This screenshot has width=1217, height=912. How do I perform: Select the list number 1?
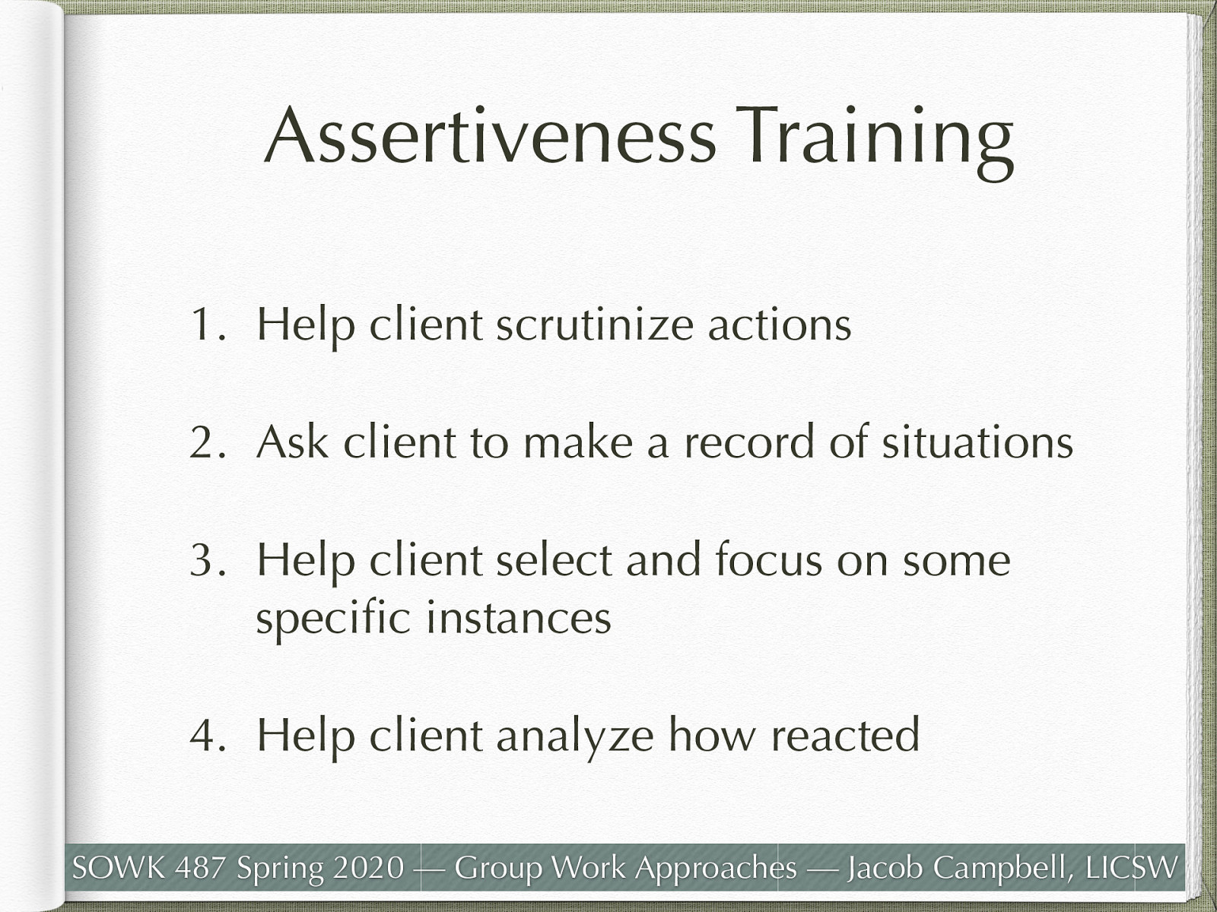click(x=204, y=325)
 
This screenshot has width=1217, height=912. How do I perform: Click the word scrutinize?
click(x=594, y=325)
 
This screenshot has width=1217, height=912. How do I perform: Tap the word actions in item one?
click(x=780, y=325)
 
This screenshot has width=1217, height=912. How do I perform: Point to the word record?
click(x=749, y=442)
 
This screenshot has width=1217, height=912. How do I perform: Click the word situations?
click(x=977, y=442)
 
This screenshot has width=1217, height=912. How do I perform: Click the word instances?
click(x=518, y=617)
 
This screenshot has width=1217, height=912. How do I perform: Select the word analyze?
click(x=574, y=736)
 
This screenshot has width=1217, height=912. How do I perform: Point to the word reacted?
click(x=845, y=735)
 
